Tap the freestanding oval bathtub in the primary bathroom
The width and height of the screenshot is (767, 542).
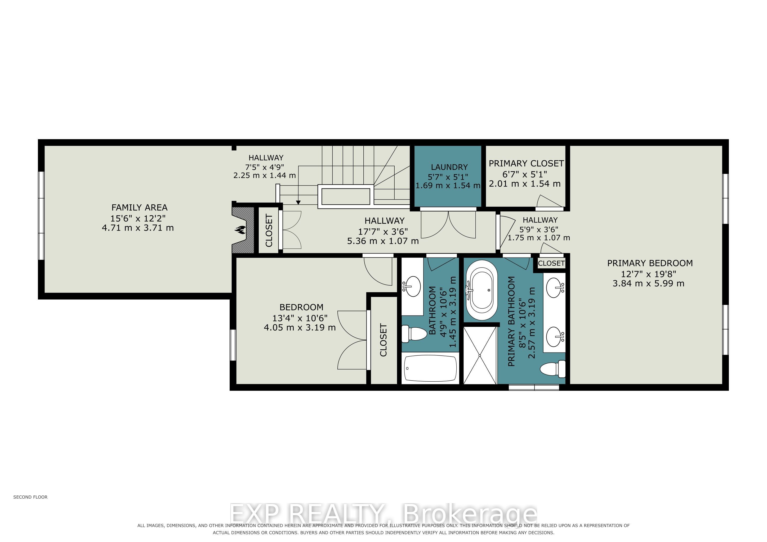(x=481, y=290)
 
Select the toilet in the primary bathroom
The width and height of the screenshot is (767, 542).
(x=552, y=369)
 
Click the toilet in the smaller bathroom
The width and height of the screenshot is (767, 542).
(x=414, y=334)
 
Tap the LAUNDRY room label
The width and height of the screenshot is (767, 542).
(x=449, y=167)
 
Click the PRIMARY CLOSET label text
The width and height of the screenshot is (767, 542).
(x=526, y=164)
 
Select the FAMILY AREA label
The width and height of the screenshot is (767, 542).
(x=139, y=207)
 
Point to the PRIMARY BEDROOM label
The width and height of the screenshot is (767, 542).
(x=650, y=263)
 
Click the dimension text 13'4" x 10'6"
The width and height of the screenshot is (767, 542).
(x=300, y=318)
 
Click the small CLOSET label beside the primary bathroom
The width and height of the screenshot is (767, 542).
(x=551, y=263)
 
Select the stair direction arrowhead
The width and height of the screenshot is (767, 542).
(x=298, y=202)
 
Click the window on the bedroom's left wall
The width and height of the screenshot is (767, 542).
(x=233, y=345)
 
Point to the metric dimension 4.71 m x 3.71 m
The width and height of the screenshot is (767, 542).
(x=138, y=228)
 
